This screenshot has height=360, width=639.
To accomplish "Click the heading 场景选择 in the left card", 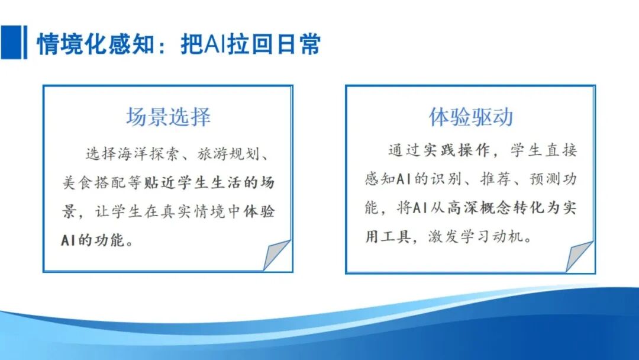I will coord(168,117).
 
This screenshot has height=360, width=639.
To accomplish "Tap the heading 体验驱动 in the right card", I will coord(471,117).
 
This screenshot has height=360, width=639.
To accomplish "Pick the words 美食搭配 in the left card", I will coord(91,183).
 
